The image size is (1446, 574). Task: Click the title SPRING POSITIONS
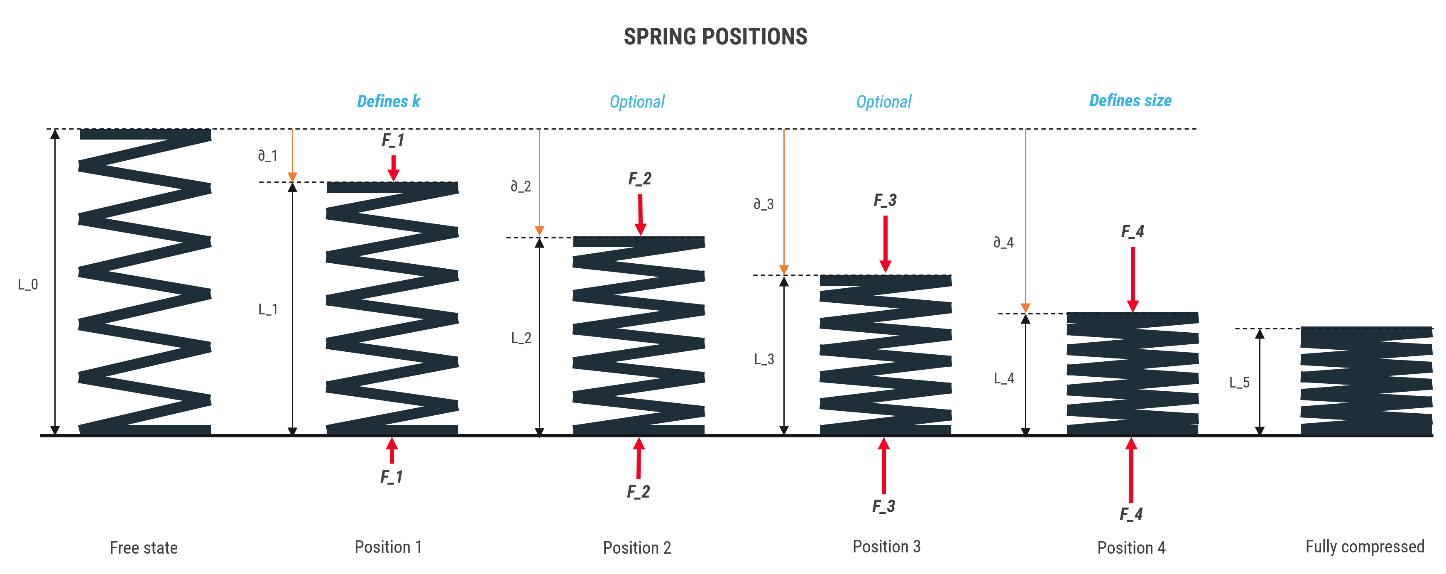pos(715,37)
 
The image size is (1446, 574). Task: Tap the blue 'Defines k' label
pos(389,101)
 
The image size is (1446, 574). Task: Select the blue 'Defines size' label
pos(1130,101)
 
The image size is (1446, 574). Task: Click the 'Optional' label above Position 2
pos(637,102)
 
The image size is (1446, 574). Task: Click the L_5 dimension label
pos(1239,383)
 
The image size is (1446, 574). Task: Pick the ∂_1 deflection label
pos(268,156)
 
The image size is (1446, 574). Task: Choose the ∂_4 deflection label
pos(1004,242)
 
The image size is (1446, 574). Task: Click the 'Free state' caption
pos(144,547)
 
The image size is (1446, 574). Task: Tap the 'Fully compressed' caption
pos(1365,547)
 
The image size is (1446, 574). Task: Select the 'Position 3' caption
pos(887,547)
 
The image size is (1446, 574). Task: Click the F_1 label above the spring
pos(393,140)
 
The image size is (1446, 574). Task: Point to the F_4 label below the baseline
pos(1131,514)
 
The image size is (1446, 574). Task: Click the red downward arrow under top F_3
pos(886,244)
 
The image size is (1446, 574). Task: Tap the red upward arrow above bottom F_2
pos(639,458)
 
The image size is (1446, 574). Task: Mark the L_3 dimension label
pos(764,359)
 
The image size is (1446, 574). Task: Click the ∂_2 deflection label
pos(520,186)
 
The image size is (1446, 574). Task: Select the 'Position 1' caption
pos(389,547)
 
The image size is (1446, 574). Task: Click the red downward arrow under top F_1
pos(394,168)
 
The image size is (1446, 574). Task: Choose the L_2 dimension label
pos(521,338)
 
